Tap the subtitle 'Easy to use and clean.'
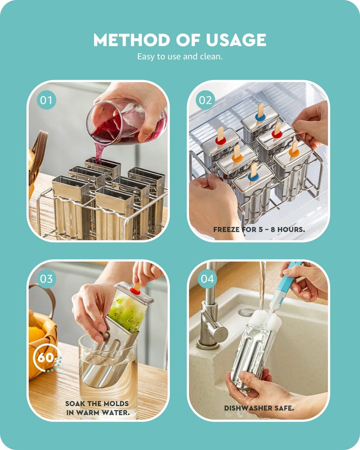(180, 57)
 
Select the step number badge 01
(46, 100)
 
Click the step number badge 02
(205, 100)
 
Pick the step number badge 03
(46, 279)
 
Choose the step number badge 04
(207, 279)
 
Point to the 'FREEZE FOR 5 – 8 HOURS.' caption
(259, 229)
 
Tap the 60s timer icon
(46, 358)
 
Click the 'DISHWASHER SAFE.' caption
(259, 408)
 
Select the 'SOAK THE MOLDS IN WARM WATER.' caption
(97, 408)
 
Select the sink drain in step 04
(246, 311)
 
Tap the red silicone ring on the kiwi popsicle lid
(135, 291)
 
